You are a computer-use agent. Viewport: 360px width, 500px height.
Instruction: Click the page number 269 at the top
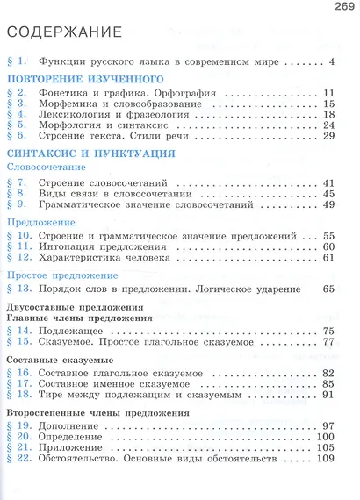pos(343,8)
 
